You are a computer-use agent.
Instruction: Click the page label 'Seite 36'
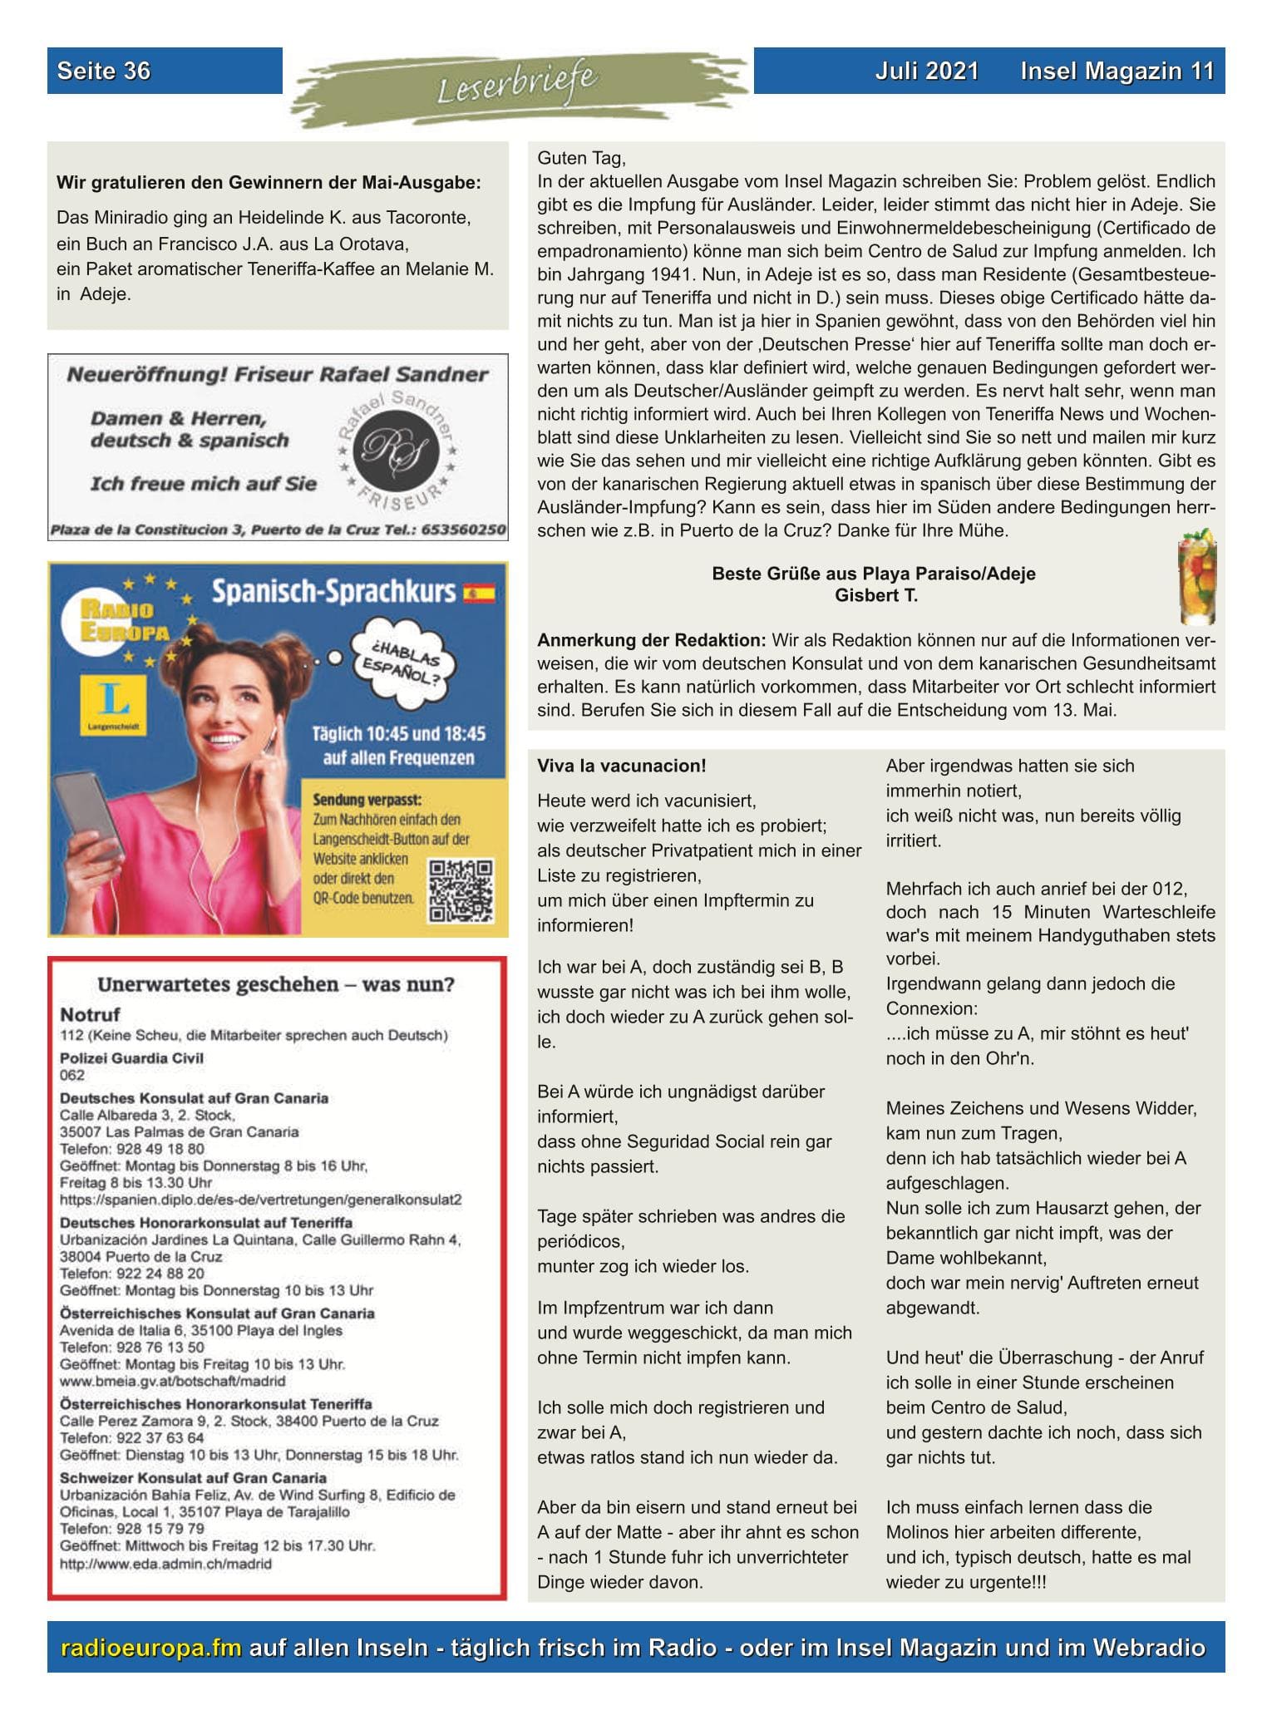pos(104,71)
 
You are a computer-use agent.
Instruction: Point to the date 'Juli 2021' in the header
pos(927,71)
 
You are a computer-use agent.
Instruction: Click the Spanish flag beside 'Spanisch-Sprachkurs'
pos(479,593)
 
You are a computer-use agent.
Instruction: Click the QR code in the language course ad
pos(460,891)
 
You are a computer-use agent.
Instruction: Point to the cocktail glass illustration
pos(1197,580)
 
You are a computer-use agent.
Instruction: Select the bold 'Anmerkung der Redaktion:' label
pos(651,640)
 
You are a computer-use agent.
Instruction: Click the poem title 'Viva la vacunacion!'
pos(621,766)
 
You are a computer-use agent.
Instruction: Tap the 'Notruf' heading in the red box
pos(90,1014)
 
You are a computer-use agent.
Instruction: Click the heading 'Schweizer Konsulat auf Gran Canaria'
pos(193,1501)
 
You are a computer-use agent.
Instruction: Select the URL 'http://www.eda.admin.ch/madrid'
pos(165,1564)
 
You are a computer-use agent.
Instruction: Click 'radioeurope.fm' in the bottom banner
pos(150,1647)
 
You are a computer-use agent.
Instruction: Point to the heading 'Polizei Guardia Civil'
pos(131,1057)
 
